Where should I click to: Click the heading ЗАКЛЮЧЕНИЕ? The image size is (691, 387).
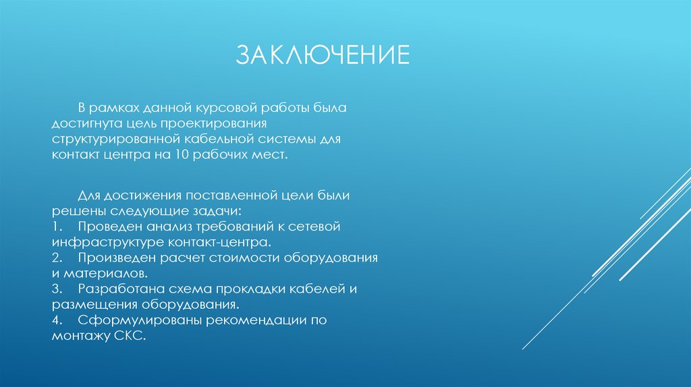tap(322, 55)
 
